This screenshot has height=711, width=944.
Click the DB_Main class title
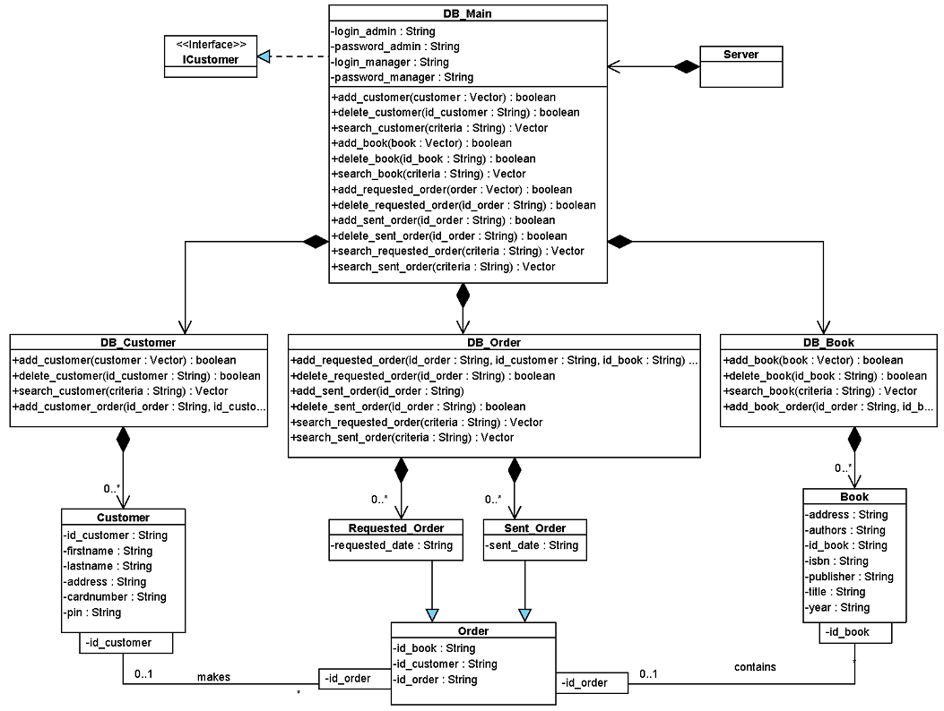click(x=467, y=13)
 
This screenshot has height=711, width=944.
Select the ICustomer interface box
click(x=211, y=56)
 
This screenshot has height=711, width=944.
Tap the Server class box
click(x=741, y=67)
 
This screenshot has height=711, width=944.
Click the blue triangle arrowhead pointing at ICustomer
click(x=264, y=57)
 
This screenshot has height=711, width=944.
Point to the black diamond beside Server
click(x=687, y=67)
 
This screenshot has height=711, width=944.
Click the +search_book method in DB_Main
click(x=428, y=174)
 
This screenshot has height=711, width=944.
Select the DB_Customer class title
click(x=138, y=342)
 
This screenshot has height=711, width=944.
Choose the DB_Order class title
click(x=494, y=342)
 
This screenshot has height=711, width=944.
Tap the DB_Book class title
click(x=828, y=342)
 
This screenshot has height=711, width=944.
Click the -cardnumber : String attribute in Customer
click(x=115, y=596)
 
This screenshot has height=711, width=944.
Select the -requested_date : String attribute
click(x=392, y=545)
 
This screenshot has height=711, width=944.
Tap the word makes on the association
click(x=213, y=677)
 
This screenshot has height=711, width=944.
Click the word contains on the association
click(x=755, y=667)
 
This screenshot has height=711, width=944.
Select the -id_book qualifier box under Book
click(x=855, y=633)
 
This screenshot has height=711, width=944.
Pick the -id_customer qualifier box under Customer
click(x=126, y=642)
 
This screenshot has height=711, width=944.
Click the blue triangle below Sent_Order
click(x=525, y=615)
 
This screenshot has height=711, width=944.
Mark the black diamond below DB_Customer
click(x=123, y=440)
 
